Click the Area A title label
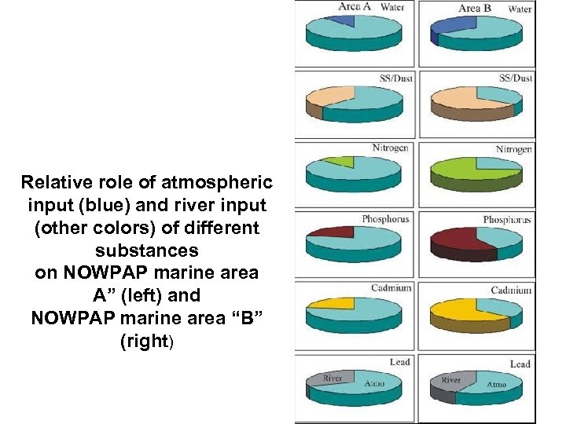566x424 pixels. pos(349,7)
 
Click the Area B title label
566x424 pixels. pos(474,9)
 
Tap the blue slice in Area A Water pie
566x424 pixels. pos(345,19)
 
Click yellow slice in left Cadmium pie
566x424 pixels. pos(336,302)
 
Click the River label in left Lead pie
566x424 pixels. pos(333,378)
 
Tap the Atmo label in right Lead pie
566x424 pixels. pos(497,385)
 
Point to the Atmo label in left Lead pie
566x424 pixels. pos(374,384)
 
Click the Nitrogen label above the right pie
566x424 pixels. pos(514,149)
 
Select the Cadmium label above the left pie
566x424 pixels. pos(391,287)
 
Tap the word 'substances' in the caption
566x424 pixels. pos(147,251)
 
